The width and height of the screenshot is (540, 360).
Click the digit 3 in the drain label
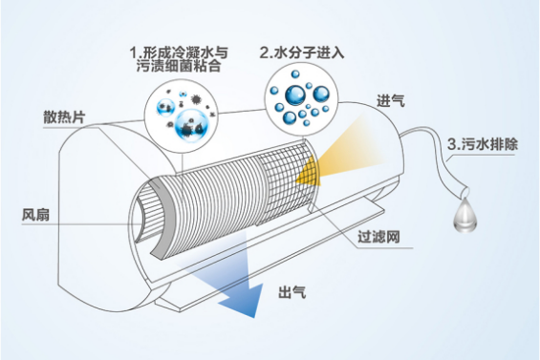(x=452, y=145)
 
